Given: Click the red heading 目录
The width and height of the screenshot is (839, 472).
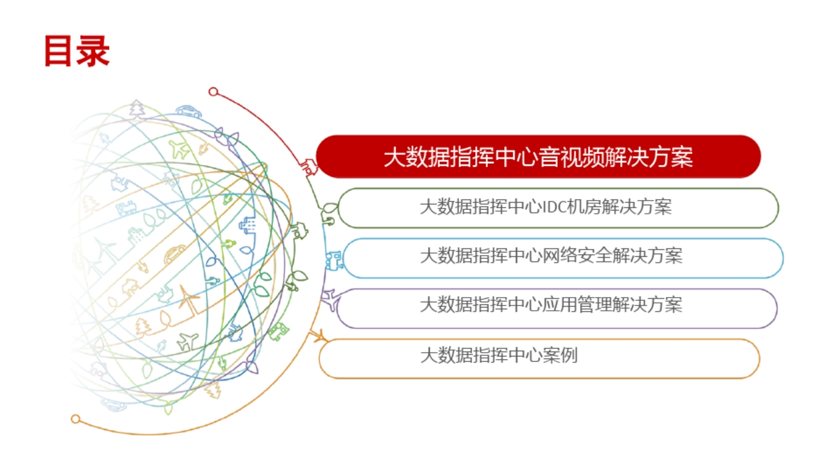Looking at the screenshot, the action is point(77,51).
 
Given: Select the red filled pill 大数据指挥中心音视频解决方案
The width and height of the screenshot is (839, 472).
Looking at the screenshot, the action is point(538,157).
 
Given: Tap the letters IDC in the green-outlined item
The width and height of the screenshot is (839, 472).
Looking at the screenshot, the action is point(555,207).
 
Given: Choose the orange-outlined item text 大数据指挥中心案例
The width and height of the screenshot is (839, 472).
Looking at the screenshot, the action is point(499,355).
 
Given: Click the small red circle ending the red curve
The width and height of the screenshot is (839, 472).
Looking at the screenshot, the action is point(213,91).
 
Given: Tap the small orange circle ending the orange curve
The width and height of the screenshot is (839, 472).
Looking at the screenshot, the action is point(75,419).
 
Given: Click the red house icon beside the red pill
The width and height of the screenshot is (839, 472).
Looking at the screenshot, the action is point(309,167).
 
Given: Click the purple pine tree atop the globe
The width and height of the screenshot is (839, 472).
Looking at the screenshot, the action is point(137,108).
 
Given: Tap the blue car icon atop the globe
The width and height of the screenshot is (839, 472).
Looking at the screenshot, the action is point(189,111).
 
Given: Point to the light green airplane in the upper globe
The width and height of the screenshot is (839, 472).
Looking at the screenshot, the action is point(180,149).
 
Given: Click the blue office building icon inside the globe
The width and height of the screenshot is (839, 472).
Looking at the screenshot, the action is point(248,225).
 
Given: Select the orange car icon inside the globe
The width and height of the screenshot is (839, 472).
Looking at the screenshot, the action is point(174,254).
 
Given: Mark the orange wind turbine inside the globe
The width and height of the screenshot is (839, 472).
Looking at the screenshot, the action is point(188,299).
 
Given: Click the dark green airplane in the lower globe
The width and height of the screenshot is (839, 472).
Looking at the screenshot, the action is point(187,342).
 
